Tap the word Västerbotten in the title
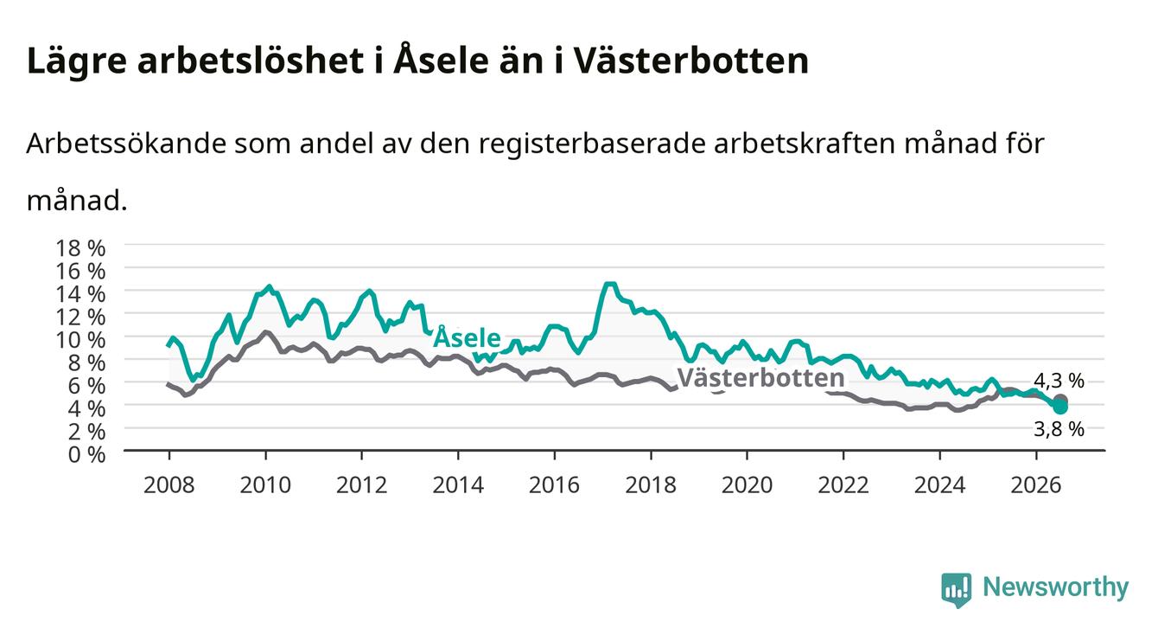coord(691,60)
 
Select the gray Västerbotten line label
coord(760,378)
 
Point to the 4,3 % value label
coord(1059,381)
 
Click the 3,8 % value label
coord(1059,429)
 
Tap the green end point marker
coord(1060,407)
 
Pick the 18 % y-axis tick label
coord(80,248)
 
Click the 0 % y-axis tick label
coord(86,455)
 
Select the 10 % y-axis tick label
coord(80,340)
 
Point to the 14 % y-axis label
coord(80,294)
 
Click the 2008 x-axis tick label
coord(169,485)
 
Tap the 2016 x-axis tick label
coord(554,485)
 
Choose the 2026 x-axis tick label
coord(1036,485)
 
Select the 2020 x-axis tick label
coord(747,485)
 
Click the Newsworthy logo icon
coord(956,590)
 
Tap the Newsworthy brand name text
coord(1056,587)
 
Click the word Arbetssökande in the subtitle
coord(126,144)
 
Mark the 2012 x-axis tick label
coord(361,485)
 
